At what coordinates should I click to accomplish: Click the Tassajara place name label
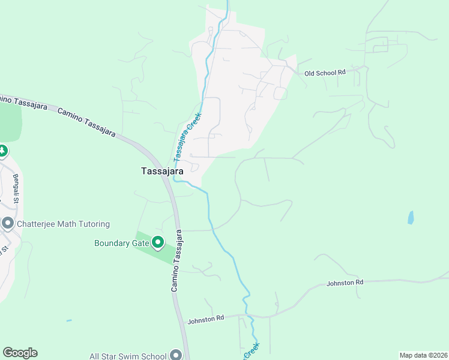point(162,170)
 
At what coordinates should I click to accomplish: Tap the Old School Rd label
point(325,73)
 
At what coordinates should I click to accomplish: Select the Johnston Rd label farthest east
point(345,282)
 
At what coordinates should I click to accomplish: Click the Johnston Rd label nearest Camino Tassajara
point(205,318)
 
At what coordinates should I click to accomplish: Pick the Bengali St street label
point(16,188)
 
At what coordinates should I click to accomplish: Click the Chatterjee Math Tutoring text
point(63,224)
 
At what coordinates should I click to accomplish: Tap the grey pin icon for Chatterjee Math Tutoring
point(7,223)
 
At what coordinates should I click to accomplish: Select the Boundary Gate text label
point(120,243)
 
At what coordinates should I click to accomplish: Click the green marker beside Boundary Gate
point(158,242)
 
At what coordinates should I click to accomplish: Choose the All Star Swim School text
point(127,356)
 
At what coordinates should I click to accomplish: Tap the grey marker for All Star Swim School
point(175,355)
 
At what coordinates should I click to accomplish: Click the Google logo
point(20,353)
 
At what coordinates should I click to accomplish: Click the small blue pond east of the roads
point(410,217)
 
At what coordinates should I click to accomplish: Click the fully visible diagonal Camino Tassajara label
point(87,122)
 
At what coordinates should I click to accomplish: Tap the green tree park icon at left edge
point(2,151)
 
